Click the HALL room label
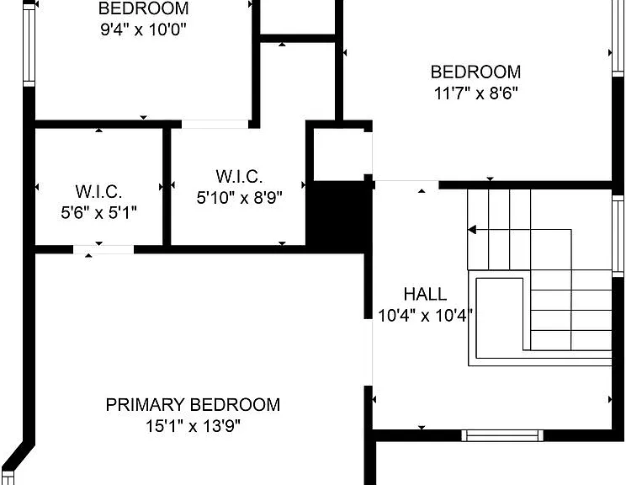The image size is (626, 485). pos(425,294)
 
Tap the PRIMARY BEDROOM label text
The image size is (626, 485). pos(193,405)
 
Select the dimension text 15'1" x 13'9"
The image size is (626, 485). pos(193,426)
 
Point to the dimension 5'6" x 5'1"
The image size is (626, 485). pos(98,212)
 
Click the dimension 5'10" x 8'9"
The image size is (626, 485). pos(239,197)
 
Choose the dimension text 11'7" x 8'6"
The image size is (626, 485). pos(475,93)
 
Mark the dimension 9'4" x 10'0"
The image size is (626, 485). pos(143,29)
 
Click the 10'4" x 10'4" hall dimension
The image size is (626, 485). pos(425,316)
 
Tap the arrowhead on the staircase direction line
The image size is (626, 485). pos(472,230)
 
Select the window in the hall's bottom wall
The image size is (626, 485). pos(502,435)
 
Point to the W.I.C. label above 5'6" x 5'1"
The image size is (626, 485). pos(98,191)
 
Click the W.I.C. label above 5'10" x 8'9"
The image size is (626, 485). pos(239,176)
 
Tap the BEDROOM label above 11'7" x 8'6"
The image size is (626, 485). pos(475,72)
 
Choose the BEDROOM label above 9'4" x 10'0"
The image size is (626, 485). pos(143,8)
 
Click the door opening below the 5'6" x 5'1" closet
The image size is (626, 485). pos(103,250)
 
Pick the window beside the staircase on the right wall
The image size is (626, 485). pos(618,236)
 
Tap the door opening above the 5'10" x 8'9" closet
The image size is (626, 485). pos(215,125)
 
